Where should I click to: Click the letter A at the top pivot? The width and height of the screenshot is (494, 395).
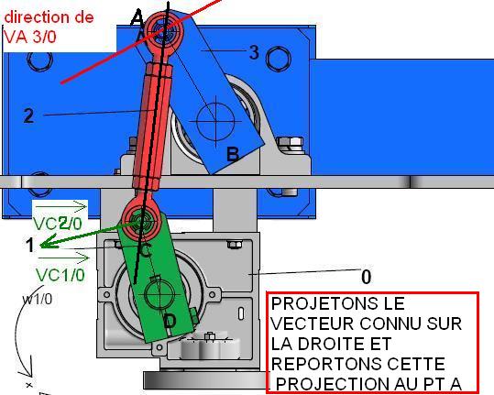(x=137, y=18)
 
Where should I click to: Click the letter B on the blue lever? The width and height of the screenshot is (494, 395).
(x=233, y=154)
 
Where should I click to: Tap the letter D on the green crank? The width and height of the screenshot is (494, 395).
(x=170, y=321)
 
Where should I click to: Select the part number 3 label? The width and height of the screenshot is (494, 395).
(x=254, y=52)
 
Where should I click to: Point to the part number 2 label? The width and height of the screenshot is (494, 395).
(x=28, y=115)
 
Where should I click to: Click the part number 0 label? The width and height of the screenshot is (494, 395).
(x=366, y=277)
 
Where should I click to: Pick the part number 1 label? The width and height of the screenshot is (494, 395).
(x=30, y=245)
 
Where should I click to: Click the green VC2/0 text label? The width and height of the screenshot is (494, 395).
(x=58, y=224)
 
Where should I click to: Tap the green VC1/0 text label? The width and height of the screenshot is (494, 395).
(x=60, y=275)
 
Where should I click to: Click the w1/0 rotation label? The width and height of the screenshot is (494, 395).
(x=38, y=299)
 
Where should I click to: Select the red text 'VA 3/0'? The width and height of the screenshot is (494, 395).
(x=30, y=37)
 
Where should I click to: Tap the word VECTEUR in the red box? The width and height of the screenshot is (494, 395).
(x=313, y=324)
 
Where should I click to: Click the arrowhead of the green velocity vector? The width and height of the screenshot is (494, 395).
(x=44, y=244)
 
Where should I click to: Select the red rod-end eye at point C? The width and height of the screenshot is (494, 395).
(x=141, y=220)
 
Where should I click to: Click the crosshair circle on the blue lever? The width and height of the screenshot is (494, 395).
(x=215, y=121)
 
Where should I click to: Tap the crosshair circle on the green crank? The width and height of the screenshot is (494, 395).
(x=159, y=295)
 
